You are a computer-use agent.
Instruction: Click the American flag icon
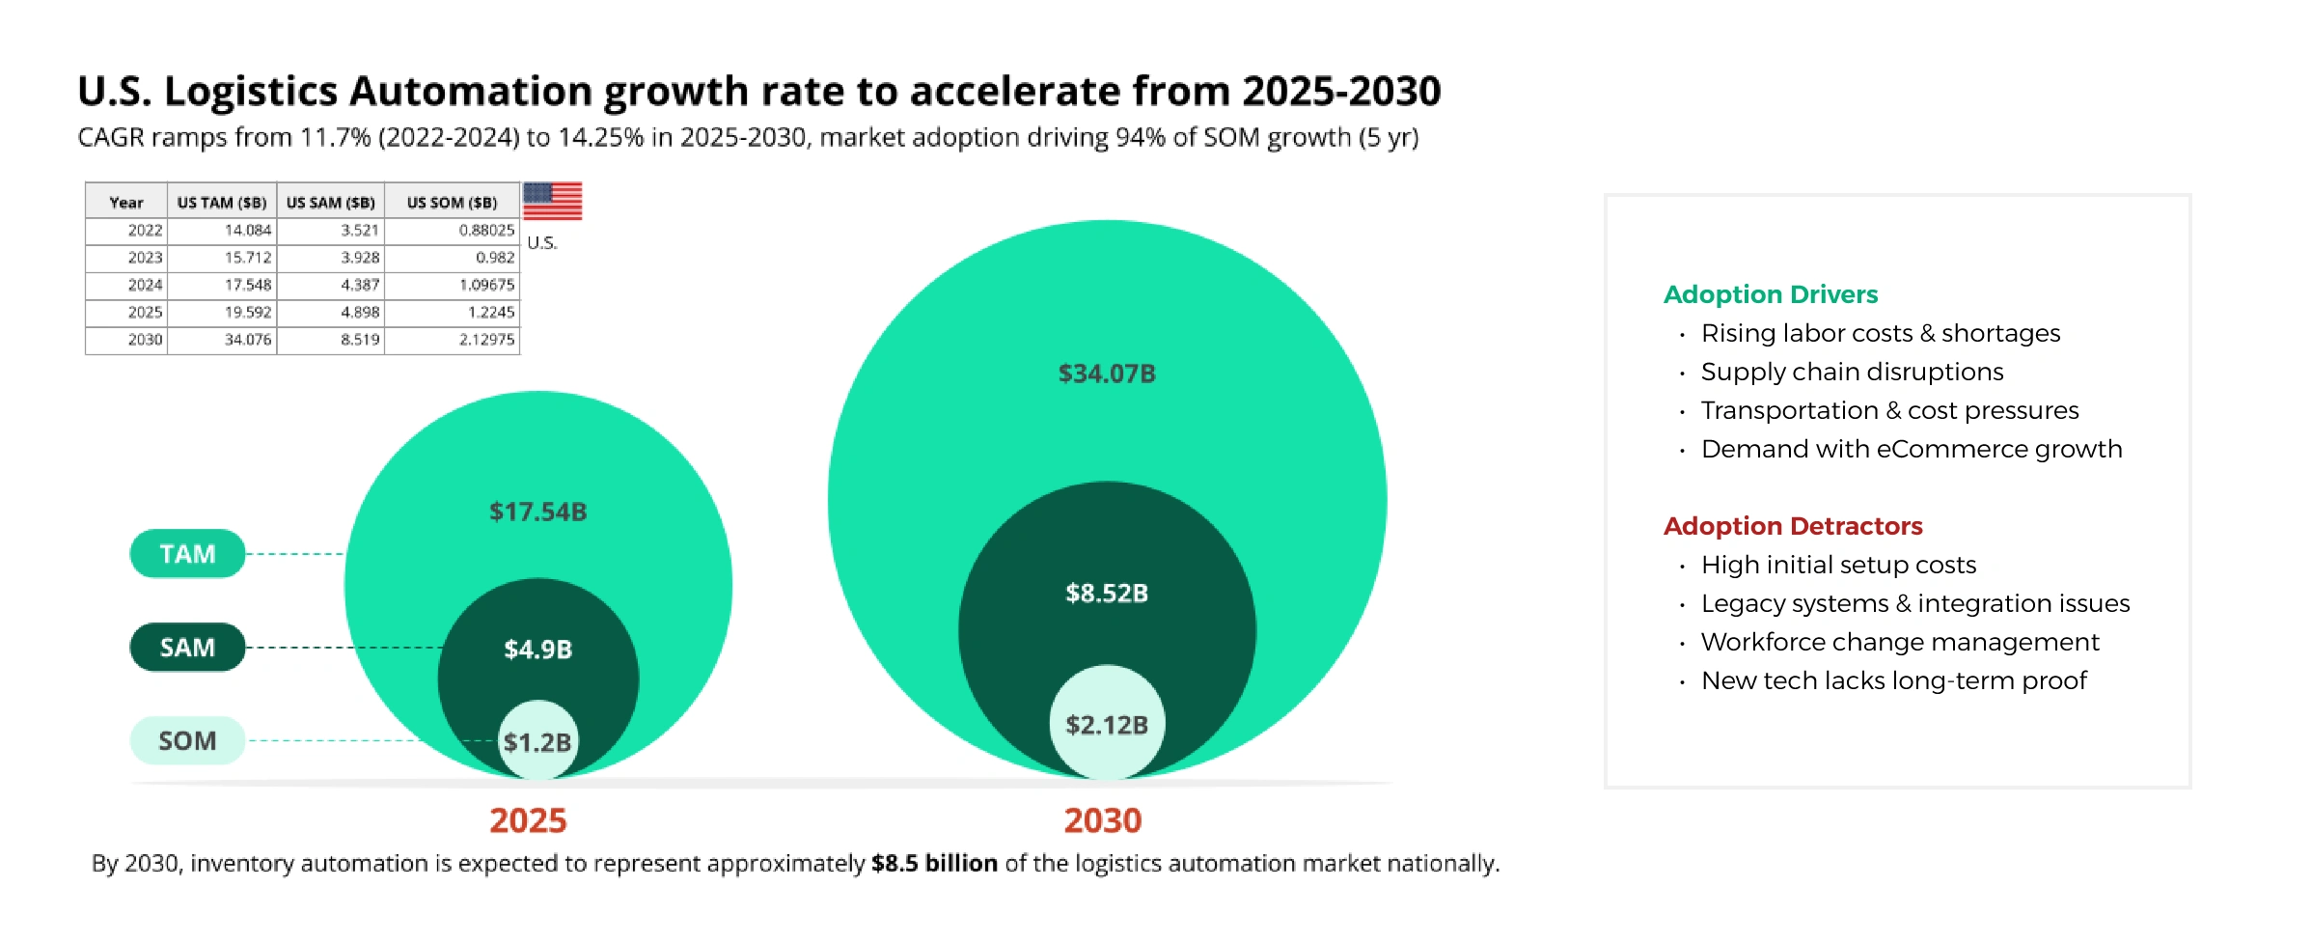point(552,201)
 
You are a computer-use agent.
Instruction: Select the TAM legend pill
point(187,554)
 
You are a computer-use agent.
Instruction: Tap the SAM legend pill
point(187,648)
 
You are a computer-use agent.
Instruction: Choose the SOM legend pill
point(187,741)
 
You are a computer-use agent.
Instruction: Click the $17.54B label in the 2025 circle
point(537,512)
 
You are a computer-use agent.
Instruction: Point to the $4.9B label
point(537,650)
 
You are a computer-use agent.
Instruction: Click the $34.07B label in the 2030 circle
point(1107,374)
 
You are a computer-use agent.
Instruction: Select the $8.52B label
point(1107,593)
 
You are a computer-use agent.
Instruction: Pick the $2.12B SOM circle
point(1107,724)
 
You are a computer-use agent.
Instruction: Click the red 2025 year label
point(528,820)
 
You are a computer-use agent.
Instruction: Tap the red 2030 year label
point(1103,820)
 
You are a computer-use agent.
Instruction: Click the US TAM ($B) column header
point(222,203)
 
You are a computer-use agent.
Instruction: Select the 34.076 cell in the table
point(248,340)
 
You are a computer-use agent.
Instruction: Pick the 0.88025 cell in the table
point(486,230)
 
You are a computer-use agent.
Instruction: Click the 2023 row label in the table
point(145,258)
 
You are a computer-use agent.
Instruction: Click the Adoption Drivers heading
point(1771,294)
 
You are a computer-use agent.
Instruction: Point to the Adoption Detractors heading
point(1793,526)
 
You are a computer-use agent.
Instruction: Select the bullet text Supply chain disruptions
point(1852,372)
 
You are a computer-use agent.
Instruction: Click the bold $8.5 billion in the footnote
point(934,863)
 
